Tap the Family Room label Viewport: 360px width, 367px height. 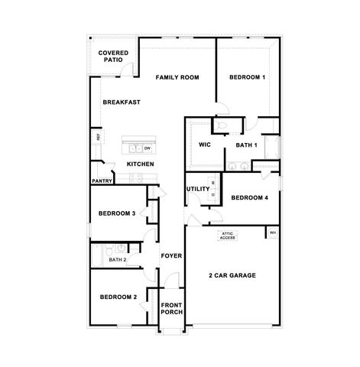point(177,77)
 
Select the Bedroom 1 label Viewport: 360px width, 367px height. point(247,77)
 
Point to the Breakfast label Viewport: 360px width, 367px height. point(121,102)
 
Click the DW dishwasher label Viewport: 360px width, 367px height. point(147,148)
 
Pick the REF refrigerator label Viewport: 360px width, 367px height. point(98,138)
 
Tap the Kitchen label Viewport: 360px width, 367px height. point(140,164)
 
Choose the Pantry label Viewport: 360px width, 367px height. point(102,181)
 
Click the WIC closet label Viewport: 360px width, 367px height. point(204,144)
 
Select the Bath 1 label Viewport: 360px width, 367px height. point(245,144)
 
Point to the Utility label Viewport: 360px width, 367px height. point(197,188)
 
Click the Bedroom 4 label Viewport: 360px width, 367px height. point(249,198)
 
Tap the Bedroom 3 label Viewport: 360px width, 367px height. point(117,213)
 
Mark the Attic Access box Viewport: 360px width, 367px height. point(227,236)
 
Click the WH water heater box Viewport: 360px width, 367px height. point(271,232)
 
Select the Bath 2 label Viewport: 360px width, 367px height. point(117,260)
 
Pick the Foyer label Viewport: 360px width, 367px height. point(170,255)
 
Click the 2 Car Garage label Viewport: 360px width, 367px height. point(232,275)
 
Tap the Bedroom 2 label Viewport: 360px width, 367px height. point(118,297)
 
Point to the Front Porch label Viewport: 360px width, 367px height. point(170,310)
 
